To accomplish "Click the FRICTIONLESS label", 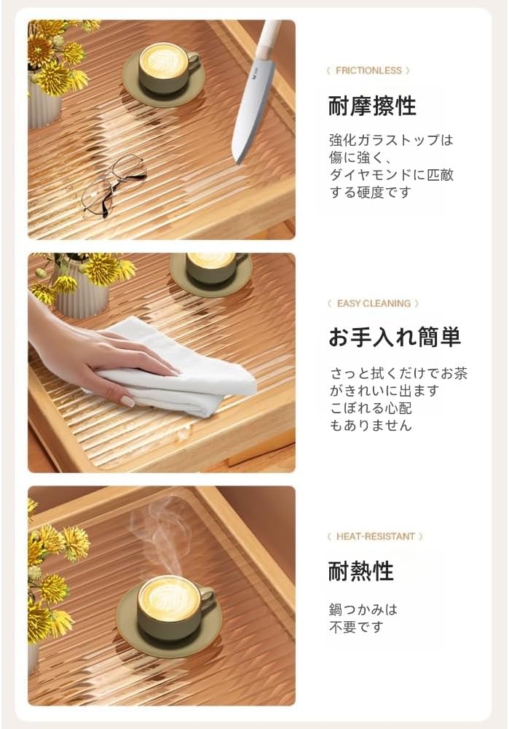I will [x=368, y=71].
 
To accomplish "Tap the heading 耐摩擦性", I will [x=372, y=106].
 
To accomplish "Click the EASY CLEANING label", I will [x=374, y=303].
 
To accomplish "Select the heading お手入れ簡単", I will [x=394, y=338].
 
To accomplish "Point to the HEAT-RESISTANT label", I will [x=375, y=537].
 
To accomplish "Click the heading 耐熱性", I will [x=361, y=571].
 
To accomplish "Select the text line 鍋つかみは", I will [x=363, y=609].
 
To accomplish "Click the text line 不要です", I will [x=356, y=627].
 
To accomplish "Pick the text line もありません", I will [x=371, y=425].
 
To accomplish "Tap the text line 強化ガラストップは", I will [x=391, y=140].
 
